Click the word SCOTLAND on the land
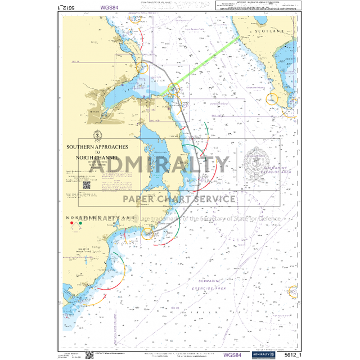[269, 31]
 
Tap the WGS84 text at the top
[109, 8]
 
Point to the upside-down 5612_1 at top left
[67, 8]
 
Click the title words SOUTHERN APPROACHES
[97, 147]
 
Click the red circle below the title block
[71, 223]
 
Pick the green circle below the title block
[80, 223]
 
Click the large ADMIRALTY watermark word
[160, 165]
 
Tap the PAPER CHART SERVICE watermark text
[179, 199]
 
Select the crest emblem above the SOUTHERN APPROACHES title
[97, 135]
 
